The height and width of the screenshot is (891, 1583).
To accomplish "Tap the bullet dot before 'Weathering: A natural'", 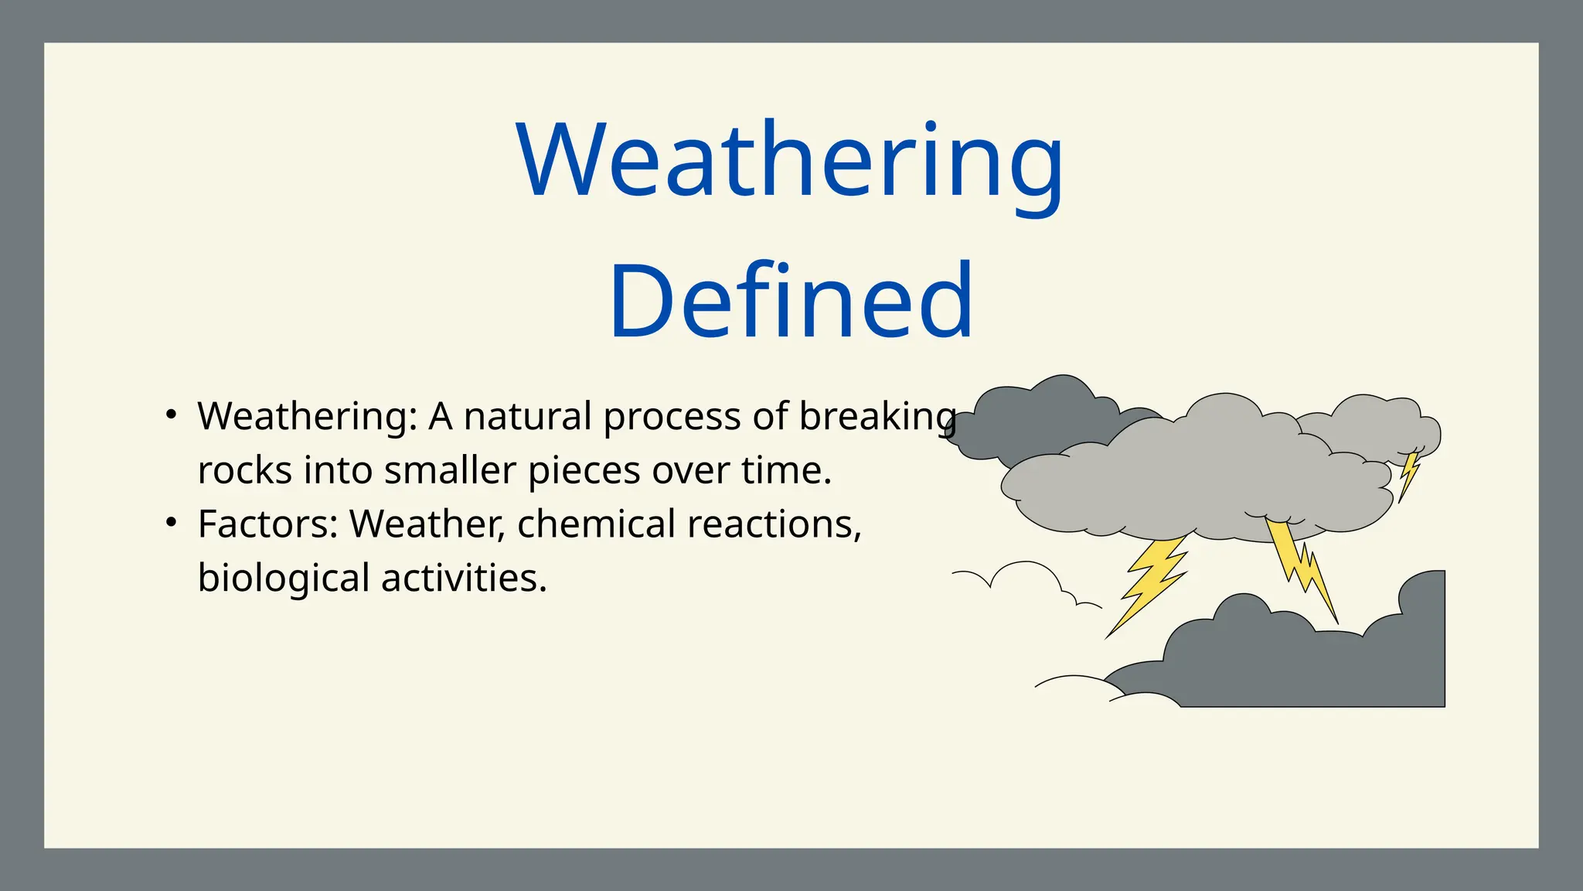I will click(x=172, y=415).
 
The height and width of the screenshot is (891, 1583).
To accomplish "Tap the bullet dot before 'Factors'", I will click(x=172, y=523).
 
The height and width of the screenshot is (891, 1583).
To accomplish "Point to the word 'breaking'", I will click(x=877, y=418).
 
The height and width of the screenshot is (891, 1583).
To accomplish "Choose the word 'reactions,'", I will click(x=774, y=524).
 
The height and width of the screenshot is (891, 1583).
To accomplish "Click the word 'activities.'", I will click(x=464, y=578).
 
